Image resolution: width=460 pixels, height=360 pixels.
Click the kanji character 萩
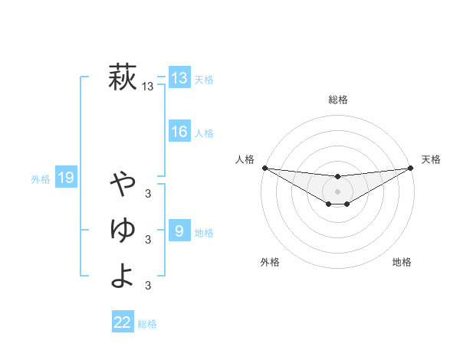tap(123, 77)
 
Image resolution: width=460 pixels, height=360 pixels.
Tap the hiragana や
tap(123, 183)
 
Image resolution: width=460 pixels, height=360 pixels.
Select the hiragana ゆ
tap(123, 229)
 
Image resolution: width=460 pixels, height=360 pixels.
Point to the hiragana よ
tap(123, 275)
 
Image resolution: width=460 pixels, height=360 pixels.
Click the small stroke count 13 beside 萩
tap(148, 87)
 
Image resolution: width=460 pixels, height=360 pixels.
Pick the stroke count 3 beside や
tap(148, 193)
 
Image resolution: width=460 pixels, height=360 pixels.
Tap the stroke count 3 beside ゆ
tap(148, 240)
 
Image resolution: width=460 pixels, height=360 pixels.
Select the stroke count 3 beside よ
tap(148, 286)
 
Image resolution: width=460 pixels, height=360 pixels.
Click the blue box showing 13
tap(179, 78)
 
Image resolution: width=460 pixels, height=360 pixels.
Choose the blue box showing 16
tap(179, 132)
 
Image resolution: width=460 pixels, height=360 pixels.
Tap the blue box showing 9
tap(179, 231)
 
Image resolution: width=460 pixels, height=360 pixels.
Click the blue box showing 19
tap(66, 178)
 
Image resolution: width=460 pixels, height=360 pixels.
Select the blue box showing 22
tap(123, 322)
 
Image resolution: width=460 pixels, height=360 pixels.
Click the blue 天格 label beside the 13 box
tap(204, 80)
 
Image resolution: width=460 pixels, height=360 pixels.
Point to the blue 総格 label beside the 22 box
tap(147, 324)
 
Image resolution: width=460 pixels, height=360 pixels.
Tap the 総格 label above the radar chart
tap(337, 100)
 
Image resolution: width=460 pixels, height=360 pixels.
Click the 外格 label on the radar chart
tap(270, 262)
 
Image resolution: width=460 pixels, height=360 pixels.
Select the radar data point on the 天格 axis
tap(411, 169)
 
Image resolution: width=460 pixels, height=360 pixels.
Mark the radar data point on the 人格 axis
tap(264, 168)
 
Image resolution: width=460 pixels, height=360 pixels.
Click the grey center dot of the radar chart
tap(337, 191)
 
